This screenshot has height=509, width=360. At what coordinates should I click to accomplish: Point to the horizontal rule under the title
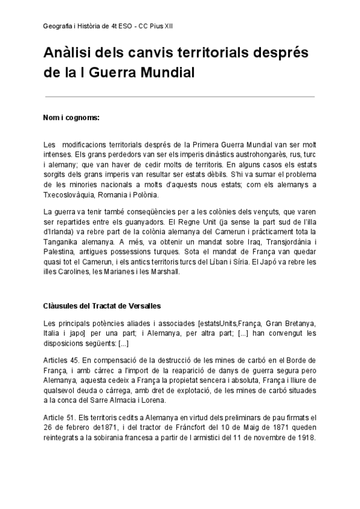[x=179, y=96]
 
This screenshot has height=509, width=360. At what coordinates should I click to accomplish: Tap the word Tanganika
[x=65, y=241]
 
